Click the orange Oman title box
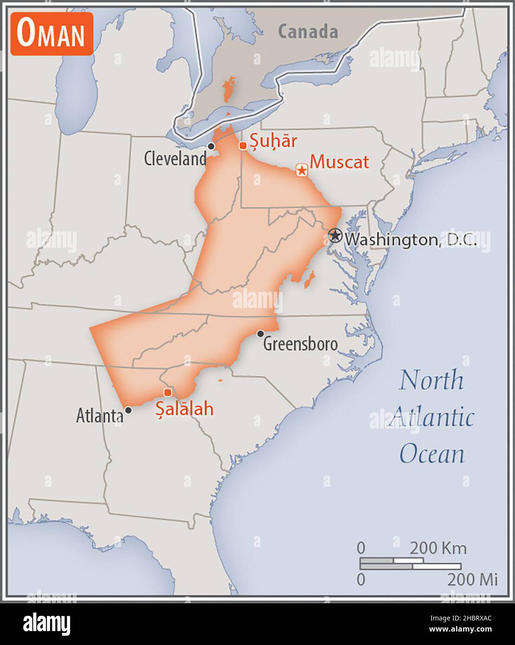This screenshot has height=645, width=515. point(52,34)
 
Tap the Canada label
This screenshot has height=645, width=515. point(308,32)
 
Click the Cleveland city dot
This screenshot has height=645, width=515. point(211,146)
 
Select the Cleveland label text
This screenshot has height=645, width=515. point(175,159)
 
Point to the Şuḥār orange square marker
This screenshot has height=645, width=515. point(242,146)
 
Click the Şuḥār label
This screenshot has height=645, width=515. point(273,141)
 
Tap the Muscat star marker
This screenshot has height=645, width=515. point(302,170)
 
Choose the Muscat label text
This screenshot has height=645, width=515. point(339,162)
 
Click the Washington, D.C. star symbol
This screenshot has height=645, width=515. point(335,235)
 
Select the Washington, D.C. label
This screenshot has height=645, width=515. point(411,240)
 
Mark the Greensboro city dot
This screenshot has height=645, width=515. point(261,334)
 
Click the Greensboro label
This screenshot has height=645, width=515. point(300,344)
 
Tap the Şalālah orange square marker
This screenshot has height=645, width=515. point(168,393)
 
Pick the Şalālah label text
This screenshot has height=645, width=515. point(184,409)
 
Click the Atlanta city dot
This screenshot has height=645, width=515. point(128,410)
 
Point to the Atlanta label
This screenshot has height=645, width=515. point(99,416)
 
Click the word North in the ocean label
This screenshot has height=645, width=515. point(431,381)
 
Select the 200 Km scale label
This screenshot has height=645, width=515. point(438,548)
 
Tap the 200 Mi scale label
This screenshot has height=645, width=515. point(472,579)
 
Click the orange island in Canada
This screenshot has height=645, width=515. point(228,90)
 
